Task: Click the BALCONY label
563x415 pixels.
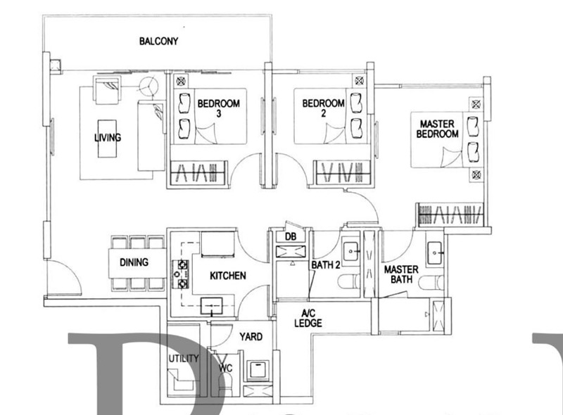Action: tap(158, 41)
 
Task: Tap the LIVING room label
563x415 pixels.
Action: tap(108, 138)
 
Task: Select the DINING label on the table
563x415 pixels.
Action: tap(134, 263)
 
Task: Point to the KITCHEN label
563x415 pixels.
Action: tap(227, 276)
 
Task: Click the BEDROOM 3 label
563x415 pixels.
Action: tap(218, 108)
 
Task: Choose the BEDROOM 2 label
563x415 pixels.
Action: tap(323, 108)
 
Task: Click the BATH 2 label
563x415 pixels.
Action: tap(326, 265)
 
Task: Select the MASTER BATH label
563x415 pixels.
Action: tap(401, 275)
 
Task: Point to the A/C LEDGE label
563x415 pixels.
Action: tap(308, 319)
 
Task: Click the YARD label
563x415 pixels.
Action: tap(251, 337)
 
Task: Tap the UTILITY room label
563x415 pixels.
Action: tap(183, 359)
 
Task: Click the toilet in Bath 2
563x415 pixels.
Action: tap(346, 283)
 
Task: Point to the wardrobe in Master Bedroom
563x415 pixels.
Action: tap(450, 214)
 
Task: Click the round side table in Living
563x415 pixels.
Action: tap(149, 88)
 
